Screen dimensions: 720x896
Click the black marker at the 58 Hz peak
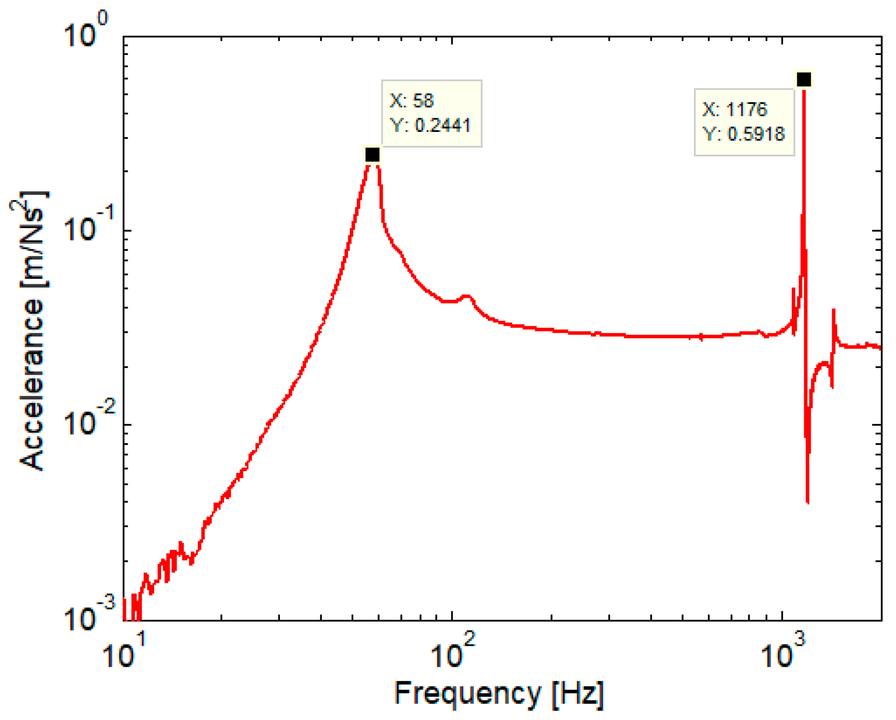click(x=372, y=154)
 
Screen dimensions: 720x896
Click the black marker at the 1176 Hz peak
click(x=804, y=79)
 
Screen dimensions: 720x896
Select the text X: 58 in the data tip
click(x=412, y=101)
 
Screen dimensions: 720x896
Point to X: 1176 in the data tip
click(x=734, y=110)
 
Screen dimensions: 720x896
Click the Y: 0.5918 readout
click(x=744, y=134)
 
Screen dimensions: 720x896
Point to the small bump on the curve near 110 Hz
click(x=467, y=296)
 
